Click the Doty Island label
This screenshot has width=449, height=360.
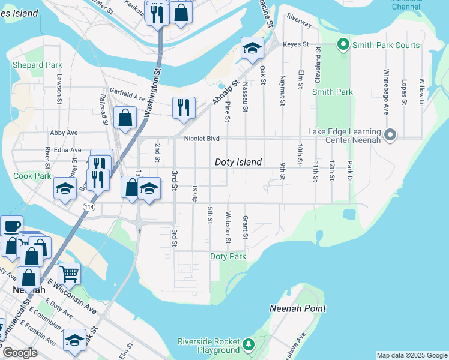coord(238,162)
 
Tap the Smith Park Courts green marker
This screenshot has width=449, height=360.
coord(343,44)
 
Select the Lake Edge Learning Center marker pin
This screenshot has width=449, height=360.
coord(391,135)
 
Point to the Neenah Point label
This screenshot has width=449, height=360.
coord(298,308)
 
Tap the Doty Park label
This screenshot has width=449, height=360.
coord(228,256)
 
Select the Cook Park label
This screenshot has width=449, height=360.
coord(32,176)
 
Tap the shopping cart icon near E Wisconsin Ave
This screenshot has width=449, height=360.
coord(69,274)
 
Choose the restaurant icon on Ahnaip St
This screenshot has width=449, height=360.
coord(184,107)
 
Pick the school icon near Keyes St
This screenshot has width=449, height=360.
coord(253,48)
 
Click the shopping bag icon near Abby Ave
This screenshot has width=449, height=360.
coord(125,118)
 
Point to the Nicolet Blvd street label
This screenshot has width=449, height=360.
coord(201,139)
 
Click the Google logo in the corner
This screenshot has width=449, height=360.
coord(20,353)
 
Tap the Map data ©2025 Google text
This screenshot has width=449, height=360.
coord(411,355)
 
